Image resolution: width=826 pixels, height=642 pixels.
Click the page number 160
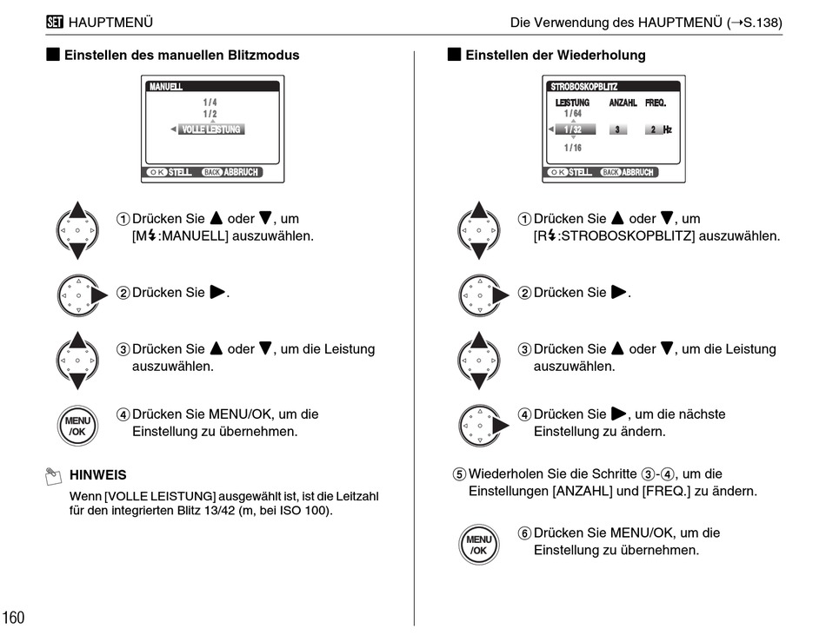click(x=14, y=618)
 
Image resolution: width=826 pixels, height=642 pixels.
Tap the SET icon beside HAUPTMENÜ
click(x=54, y=23)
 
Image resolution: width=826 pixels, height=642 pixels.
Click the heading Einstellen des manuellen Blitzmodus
click(x=181, y=55)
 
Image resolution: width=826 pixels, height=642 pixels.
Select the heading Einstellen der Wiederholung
click(x=555, y=55)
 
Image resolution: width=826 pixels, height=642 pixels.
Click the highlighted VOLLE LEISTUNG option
click(x=210, y=129)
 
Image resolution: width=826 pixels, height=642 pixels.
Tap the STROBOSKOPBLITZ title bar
click(x=613, y=87)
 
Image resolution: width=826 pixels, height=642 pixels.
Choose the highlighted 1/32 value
click(x=573, y=129)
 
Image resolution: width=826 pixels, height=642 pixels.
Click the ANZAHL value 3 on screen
click(x=618, y=129)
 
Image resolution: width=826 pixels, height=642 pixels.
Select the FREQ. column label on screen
click(x=656, y=103)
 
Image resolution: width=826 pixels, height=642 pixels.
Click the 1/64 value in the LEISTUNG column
click(x=572, y=114)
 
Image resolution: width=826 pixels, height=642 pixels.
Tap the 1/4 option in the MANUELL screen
click(x=210, y=103)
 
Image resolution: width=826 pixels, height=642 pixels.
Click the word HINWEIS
click(x=97, y=475)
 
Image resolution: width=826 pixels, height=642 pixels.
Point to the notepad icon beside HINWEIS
click(x=53, y=475)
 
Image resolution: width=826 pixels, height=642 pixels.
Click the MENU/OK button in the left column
click(x=77, y=426)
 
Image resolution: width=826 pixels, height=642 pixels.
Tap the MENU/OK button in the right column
click(x=479, y=545)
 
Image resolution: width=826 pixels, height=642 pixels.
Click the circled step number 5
click(x=459, y=474)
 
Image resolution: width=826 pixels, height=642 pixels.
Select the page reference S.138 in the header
click(x=760, y=23)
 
